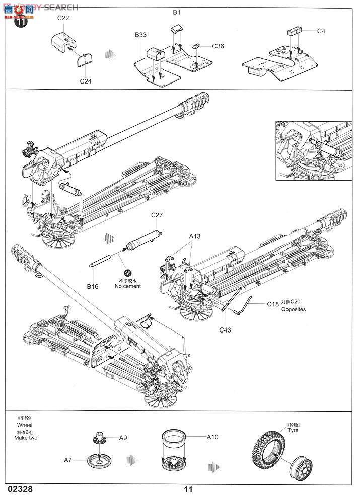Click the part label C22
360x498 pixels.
coord(63,18)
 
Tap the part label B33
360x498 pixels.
coord(140,35)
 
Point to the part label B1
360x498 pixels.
coord(177,12)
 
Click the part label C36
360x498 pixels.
coord(218,46)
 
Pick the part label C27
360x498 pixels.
coord(157,216)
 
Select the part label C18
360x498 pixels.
coord(273,304)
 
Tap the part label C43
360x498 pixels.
coord(226,330)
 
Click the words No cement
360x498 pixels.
coord(128,286)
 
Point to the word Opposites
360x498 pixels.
coord(294,310)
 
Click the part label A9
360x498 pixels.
coord(123,438)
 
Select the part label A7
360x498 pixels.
coord(69,460)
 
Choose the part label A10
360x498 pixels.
coord(212,437)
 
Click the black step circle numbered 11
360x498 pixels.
coord(21,22)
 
